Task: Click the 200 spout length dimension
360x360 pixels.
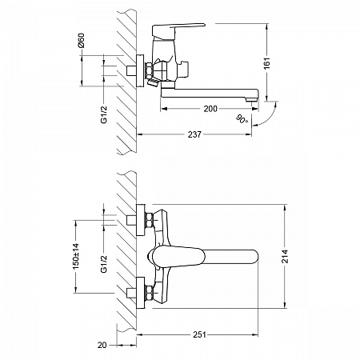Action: point(210,109)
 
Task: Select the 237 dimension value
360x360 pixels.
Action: point(194,134)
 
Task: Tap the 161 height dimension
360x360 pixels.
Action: point(266,63)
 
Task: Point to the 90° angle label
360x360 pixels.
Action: point(242,119)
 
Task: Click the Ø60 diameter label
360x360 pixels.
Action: point(81,40)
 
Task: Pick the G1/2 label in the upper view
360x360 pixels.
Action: point(104,114)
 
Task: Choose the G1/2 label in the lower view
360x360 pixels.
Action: point(104,264)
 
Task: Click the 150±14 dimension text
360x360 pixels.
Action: point(76,256)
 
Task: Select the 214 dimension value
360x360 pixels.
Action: point(285,256)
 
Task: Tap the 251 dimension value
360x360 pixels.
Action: point(199,334)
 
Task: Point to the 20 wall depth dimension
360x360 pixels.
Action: point(102,345)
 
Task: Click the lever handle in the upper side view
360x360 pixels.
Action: point(178,29)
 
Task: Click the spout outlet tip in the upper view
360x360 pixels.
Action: point(252,99)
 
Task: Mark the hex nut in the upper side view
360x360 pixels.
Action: point(149,71)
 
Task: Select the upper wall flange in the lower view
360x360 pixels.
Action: point(140,220)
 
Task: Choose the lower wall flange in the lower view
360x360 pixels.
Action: point(140,293)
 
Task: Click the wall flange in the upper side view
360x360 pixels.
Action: point(140,71)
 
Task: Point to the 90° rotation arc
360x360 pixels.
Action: point(266,116)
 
